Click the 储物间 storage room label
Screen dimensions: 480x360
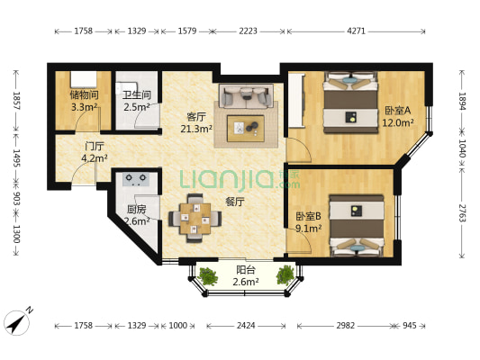point(84,94)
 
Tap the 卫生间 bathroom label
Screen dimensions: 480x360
point(137,94)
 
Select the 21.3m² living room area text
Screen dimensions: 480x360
point(196,129)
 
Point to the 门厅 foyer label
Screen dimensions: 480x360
point(95,147)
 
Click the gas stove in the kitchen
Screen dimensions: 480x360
point(136,179)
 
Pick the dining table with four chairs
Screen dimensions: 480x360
point(195,218)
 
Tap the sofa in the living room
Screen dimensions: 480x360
point(246,95)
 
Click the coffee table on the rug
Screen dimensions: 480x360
point(246,129)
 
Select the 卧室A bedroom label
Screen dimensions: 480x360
point(398,111)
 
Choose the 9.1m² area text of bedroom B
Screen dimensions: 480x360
point(308,229)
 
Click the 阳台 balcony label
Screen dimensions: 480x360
point(246,270)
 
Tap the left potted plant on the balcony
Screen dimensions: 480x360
point(208,276)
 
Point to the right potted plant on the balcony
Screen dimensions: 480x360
point(285,275)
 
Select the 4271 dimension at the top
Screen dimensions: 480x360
point(357,31)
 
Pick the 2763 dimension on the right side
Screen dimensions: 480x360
point(462,213)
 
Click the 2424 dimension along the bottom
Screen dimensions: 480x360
point(246,325)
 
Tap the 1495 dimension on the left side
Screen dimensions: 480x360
point(16,158)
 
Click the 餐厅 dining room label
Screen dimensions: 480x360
point(234,202)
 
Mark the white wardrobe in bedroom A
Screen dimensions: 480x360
point(296,100)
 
